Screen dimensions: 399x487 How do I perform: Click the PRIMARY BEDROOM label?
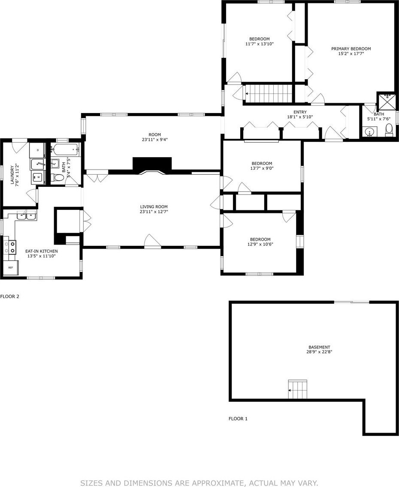click(351, 49)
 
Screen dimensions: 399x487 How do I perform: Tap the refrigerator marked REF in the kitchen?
click(11, 268)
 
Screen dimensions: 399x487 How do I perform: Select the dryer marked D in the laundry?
click(38, 150)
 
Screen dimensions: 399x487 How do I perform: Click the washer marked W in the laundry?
click(38, 177)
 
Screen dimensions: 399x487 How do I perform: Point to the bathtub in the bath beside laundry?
click(65, 150)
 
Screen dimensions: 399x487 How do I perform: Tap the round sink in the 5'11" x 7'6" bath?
click(370, 131)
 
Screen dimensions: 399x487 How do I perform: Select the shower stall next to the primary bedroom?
click(387, 101)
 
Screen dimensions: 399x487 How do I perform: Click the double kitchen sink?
click(27, 215)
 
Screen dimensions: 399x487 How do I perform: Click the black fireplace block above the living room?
click(152, 164)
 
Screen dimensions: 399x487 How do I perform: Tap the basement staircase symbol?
click(298, 389)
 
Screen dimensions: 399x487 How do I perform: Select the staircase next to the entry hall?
click(269, 93)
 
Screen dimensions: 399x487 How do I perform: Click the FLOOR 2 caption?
click(9, 296)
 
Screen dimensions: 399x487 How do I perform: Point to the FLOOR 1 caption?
click(238, 418)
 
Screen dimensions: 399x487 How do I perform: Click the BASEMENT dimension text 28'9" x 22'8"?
click(319, 352)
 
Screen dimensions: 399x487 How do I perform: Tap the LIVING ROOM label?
click(154, 206)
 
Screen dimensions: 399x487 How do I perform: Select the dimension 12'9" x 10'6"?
click(260, 244)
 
